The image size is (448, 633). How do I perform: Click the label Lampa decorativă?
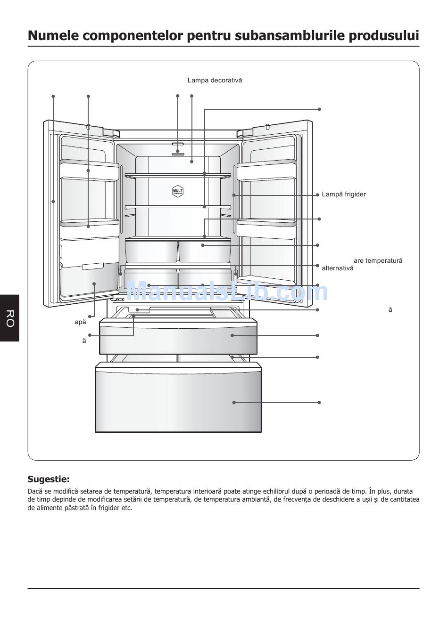coord(215,81)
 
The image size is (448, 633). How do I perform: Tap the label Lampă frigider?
coord(344,195)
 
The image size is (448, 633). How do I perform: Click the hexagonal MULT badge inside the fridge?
coord(178,191)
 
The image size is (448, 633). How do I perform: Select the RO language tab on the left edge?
coord(10,318)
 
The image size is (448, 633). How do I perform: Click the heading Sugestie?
coord(49,479)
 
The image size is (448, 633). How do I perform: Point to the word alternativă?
coord(337,268)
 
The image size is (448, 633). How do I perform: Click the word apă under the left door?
coord(81,322)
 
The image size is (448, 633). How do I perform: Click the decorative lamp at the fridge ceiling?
coord(178,152)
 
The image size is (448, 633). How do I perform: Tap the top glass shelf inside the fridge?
coord(178,176)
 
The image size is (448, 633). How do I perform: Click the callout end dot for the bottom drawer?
coord(319,403)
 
